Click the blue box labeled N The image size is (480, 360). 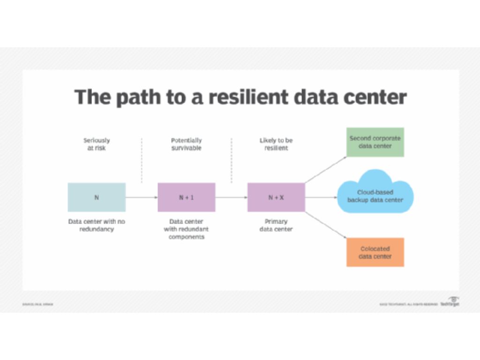point(97,197)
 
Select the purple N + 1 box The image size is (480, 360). point(186,197)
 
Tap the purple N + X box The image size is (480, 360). point(276,197)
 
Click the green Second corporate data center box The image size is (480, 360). point(375,142)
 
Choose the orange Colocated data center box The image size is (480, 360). point(375,252)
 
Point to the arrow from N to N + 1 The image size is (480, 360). point(142,197)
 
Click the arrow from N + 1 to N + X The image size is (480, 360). point(231,197)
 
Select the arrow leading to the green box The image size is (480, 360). point(326,169)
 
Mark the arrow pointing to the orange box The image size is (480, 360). point(326,224)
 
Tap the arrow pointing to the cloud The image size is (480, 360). point(321,197)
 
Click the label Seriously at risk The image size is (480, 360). point(97,144)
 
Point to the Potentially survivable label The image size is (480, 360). point(186,144)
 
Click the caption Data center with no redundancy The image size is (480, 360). point(97,225)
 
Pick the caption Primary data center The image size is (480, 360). point(276,225)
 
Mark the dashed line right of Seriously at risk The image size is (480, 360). point(142,159)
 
